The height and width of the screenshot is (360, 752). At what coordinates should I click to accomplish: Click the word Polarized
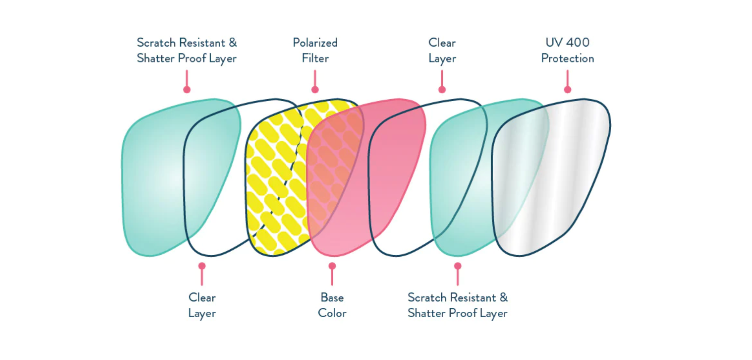(315, 43)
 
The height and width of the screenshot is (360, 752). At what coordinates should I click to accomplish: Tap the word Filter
(315, 59)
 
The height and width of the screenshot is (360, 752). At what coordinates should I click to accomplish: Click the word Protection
(567, 59)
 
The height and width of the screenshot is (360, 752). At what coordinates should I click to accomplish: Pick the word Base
(332, 297)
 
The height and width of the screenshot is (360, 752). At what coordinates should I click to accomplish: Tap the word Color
(332, 313)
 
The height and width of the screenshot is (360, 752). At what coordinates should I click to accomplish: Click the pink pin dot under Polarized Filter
(315, 89)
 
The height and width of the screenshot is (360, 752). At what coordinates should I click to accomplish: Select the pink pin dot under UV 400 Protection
(567, 89)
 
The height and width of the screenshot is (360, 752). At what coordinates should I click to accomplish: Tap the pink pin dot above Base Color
(332, 266)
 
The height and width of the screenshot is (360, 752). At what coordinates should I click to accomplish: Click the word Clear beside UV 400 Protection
(442, 43)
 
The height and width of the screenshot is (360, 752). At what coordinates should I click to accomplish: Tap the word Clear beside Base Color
(202, 297)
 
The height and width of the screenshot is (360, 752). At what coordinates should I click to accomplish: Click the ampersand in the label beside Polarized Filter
(233, 43)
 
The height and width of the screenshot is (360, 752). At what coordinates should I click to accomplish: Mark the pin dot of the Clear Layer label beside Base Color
(202, 266)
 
